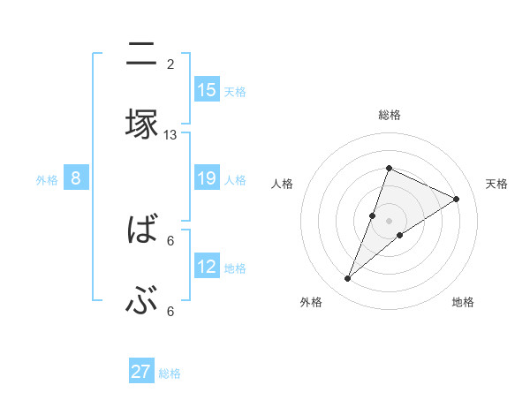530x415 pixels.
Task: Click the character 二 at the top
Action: pyautogui.click(x=141, y=56)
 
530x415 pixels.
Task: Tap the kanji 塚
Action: pyautogui.click(x=141, y=124)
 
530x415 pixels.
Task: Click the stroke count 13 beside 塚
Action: pyautogui.click(x=170, y=134)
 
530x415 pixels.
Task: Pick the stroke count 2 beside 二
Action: pyautogui.click(x=170, y=64)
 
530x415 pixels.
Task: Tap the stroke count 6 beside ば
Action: pyautogui.click(x=170, y=240)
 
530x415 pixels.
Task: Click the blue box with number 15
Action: pyautogui.click(x=207, y=90)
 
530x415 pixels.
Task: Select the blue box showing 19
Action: pyautogui.click(x=207, y=178)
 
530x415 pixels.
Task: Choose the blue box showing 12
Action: pyautogui.click(x=207, y=267)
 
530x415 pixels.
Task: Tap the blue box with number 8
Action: pyautogui.click(x=76, y=178)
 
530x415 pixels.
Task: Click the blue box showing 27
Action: pyautogui.click(x=141, y=372)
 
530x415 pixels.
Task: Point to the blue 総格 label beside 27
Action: pyautogui.click(x=170, y=373)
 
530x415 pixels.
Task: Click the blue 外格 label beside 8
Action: pyautogui.click(x=47, y=180)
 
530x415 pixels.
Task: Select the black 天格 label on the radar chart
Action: pyautogui.click(x=496, y=184)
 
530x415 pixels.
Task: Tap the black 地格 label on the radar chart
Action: pyautogui.click(x=463, y=302)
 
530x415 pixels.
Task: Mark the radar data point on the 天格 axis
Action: pyautogui.click(x=457, y=199)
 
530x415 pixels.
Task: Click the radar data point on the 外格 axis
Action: pyautogui.click(x=347, y=279)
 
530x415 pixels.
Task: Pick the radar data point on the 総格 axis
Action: pyautogui.click(x=389, y=168)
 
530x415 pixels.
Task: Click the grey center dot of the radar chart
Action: pyautogui.click(x=389, y=221)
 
